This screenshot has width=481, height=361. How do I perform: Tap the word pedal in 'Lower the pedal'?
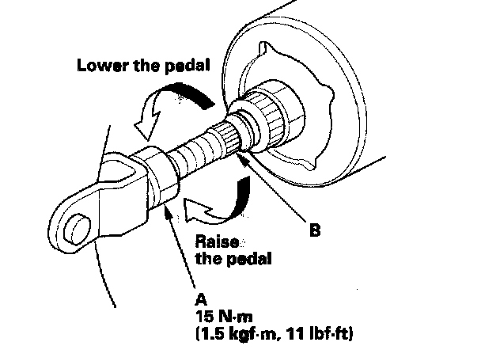186,65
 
